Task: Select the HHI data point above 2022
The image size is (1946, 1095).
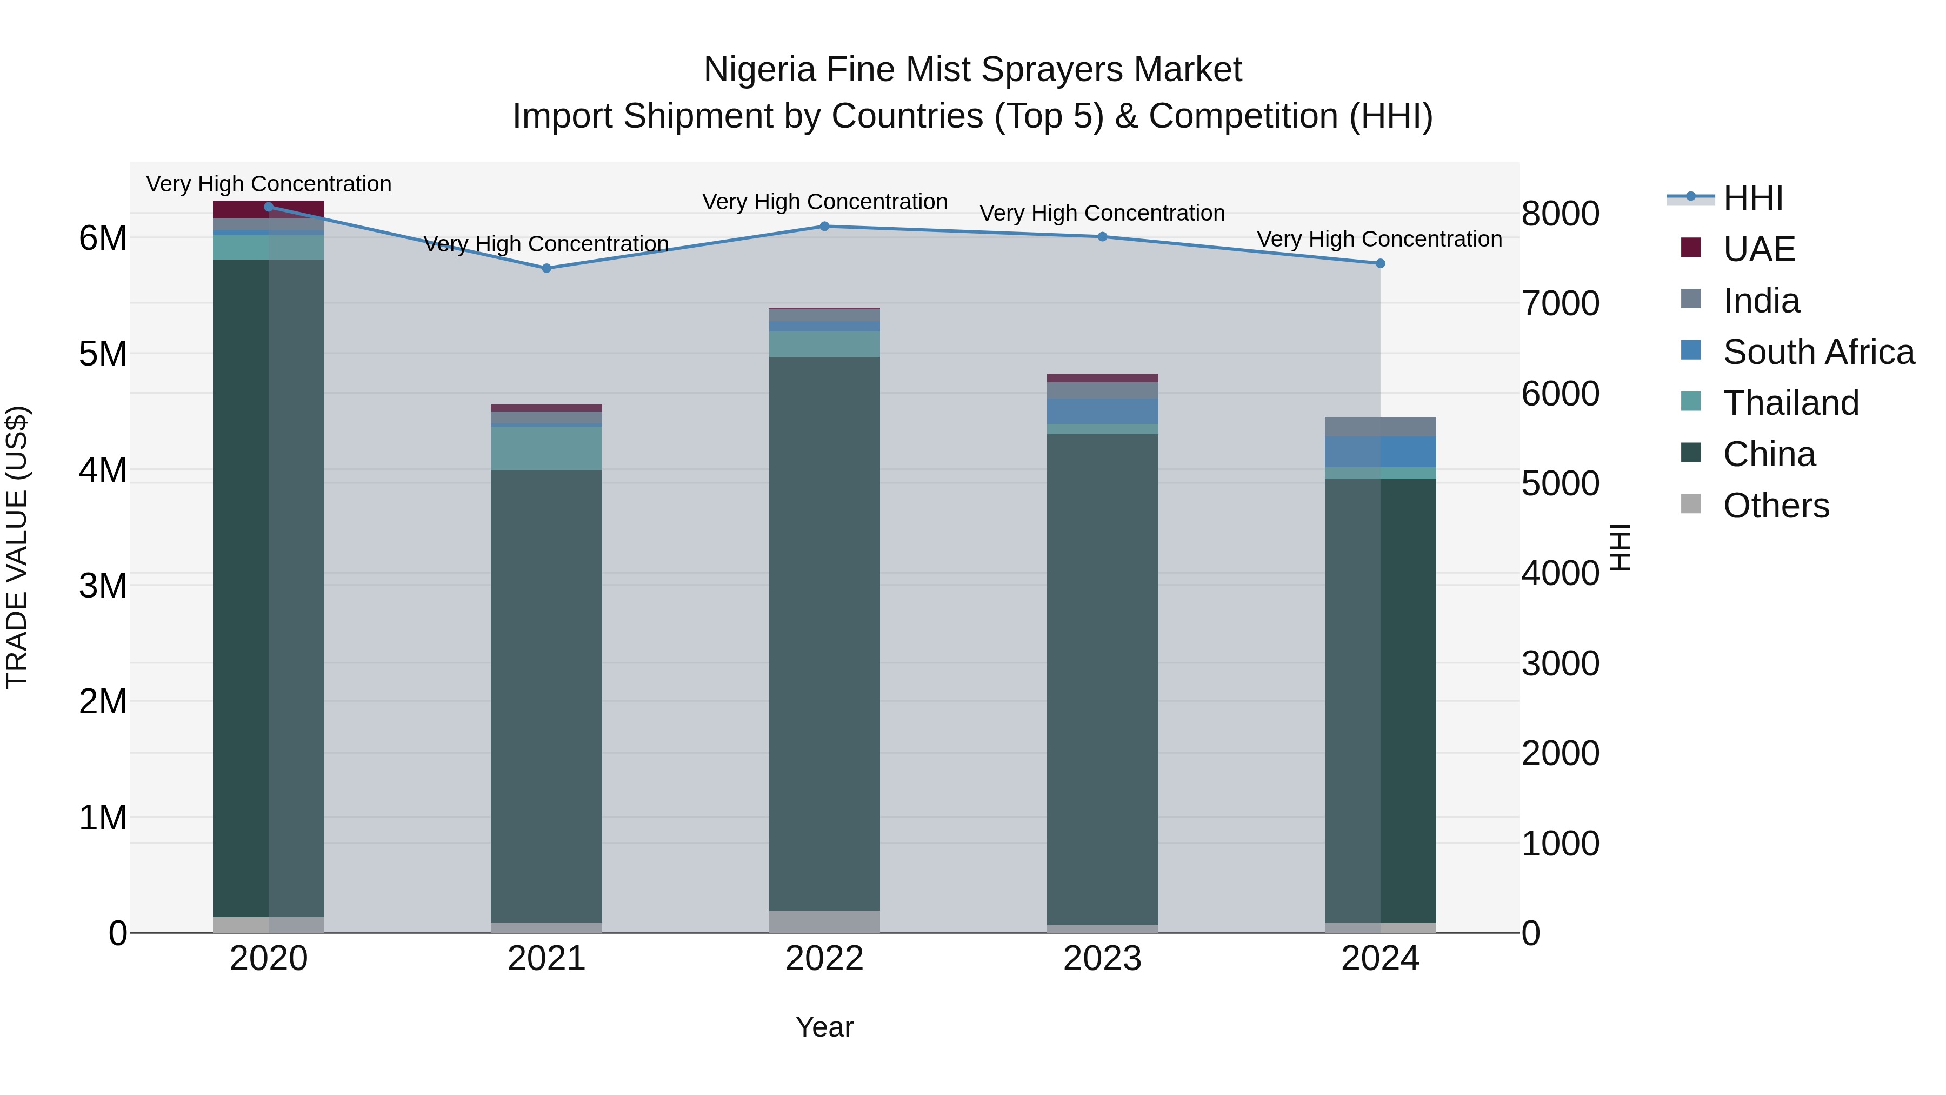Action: click(x=824, y=226)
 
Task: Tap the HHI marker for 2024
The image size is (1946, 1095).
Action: click(x=1379, y=264)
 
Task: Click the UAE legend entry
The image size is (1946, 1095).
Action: click(x=1758, y=249)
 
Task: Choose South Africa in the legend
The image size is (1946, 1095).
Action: click(x=1817, y=352)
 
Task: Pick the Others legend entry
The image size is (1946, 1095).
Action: click(x=1775, y=506)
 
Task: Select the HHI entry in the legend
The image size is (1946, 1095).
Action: click(x=1752, y=198)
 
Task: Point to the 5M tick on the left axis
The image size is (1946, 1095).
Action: click(x=103, y=354)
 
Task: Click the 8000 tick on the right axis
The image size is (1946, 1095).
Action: click(x=1560, y=214)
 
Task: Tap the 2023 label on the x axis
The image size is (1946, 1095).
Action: click(x=1102, y=959)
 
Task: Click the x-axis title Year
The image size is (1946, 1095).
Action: click(x=824, y=1027)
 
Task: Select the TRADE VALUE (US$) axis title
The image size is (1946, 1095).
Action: click(x=17, y=547)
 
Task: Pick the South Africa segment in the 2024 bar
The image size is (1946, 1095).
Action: click(x=1379, y=452)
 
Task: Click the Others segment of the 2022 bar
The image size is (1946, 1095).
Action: click(x=824, y=921)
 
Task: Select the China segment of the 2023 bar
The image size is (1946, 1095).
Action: click(x=1102, y=680)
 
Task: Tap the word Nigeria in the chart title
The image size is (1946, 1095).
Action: click(x=759, y=70)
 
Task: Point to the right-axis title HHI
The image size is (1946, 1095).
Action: click(x=1621, y=547)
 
